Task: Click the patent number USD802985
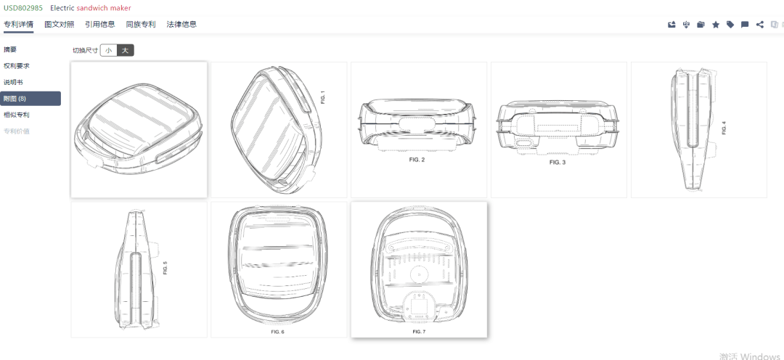(x=23, y=8)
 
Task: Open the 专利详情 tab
(x=18, y=24)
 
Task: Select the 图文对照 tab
(x=60, y=24)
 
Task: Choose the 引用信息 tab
(x=100, y=24)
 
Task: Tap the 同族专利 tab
(x=141, y=24)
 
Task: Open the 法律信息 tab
(x=181, y=24)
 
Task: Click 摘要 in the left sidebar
(x=10, y=49)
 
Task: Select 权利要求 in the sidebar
(x=17, y=66)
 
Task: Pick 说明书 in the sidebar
(x=13, y=82)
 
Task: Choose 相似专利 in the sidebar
(x=17, y=115)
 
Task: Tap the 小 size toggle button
(x=108, y=51)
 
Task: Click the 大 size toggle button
(x=126, y=51)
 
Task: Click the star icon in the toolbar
(x=716, y=25)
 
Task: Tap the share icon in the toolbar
(x=760, y=25)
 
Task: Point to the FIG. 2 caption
(x=417, y=160)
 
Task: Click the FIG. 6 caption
(x=277, y=332)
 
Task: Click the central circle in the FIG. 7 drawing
(x=417, y=273)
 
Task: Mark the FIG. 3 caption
(x=557, y=163)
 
